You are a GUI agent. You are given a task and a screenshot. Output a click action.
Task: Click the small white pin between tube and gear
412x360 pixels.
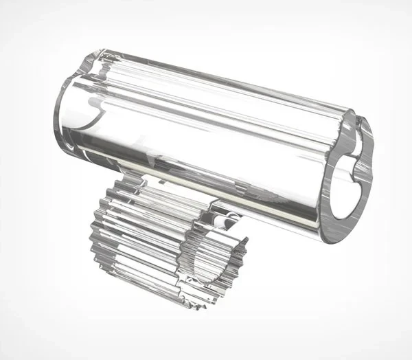click(232, 214)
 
